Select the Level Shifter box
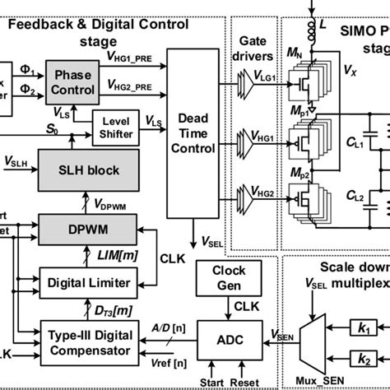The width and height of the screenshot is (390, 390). tap(114, 124)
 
